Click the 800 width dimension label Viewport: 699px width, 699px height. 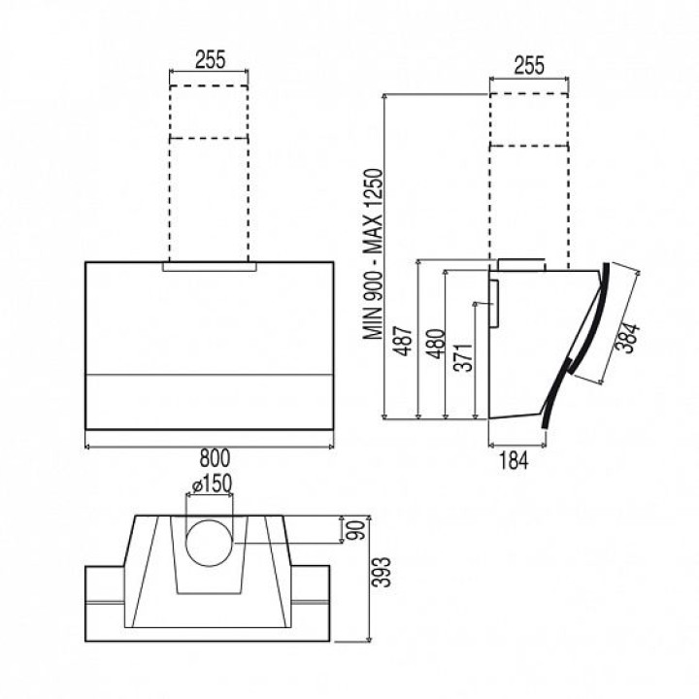pyautogui.click(x=215, y=458)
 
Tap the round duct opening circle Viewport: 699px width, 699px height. pyautogui.click(x=209, y=543)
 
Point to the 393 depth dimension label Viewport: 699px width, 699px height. pyautogui.click(x=383, y=572)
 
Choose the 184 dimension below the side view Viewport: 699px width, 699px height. pyautogui.click(x=514, y=460)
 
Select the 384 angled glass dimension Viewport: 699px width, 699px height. pyautogui.click(x=628, y=338)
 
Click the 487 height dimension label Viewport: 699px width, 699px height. pyautogui.click(x=404, y=341)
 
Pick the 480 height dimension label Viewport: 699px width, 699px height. pyautogui.click(x=436, y=344)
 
